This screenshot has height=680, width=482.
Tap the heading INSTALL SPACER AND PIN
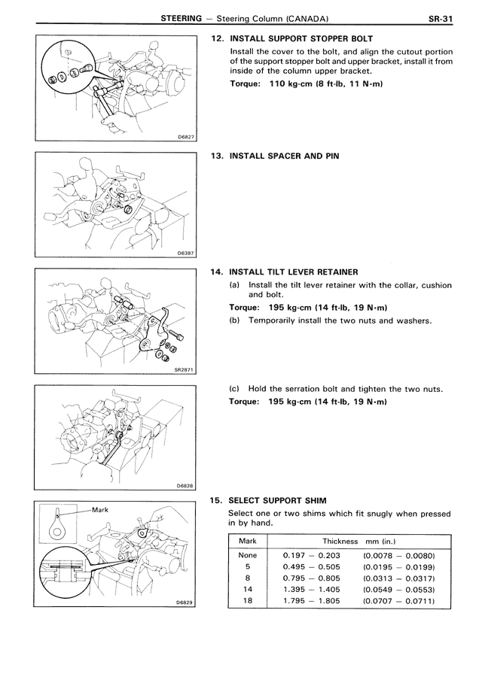[284, 156]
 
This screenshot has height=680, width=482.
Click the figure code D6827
[185, 137]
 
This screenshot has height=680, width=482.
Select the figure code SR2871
[184, 370]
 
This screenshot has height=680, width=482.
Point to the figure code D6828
[185, 486]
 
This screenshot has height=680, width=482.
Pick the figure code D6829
[185, 603]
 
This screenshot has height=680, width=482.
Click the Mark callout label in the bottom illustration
[101, 510]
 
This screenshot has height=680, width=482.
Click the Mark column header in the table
[248, 541]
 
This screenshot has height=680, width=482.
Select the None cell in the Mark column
[248, 554]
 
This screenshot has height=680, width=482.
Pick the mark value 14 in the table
[248, 589]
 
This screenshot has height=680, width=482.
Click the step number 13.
[218, 156]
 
